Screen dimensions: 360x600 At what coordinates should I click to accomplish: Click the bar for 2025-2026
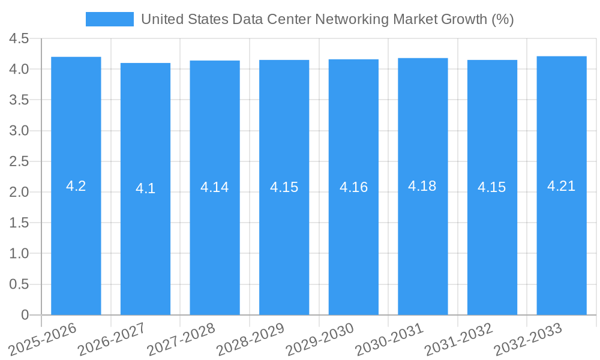76,240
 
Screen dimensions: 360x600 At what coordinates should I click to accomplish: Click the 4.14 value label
215,187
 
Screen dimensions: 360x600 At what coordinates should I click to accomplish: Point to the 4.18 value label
422,186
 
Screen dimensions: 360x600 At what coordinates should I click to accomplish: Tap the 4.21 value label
562,186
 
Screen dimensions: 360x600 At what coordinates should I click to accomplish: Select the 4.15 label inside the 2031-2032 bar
492,187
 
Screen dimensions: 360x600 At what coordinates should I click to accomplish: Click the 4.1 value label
145,188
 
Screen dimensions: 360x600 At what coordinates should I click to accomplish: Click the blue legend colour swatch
110,19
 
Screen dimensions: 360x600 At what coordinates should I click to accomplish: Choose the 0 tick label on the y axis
25,315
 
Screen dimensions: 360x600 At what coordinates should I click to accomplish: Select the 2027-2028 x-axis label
181,340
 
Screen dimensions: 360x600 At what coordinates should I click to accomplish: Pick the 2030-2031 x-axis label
388,340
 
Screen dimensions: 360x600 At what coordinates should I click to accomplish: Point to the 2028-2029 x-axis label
250,340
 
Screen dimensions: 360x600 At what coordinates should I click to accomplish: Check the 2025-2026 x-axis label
42,340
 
